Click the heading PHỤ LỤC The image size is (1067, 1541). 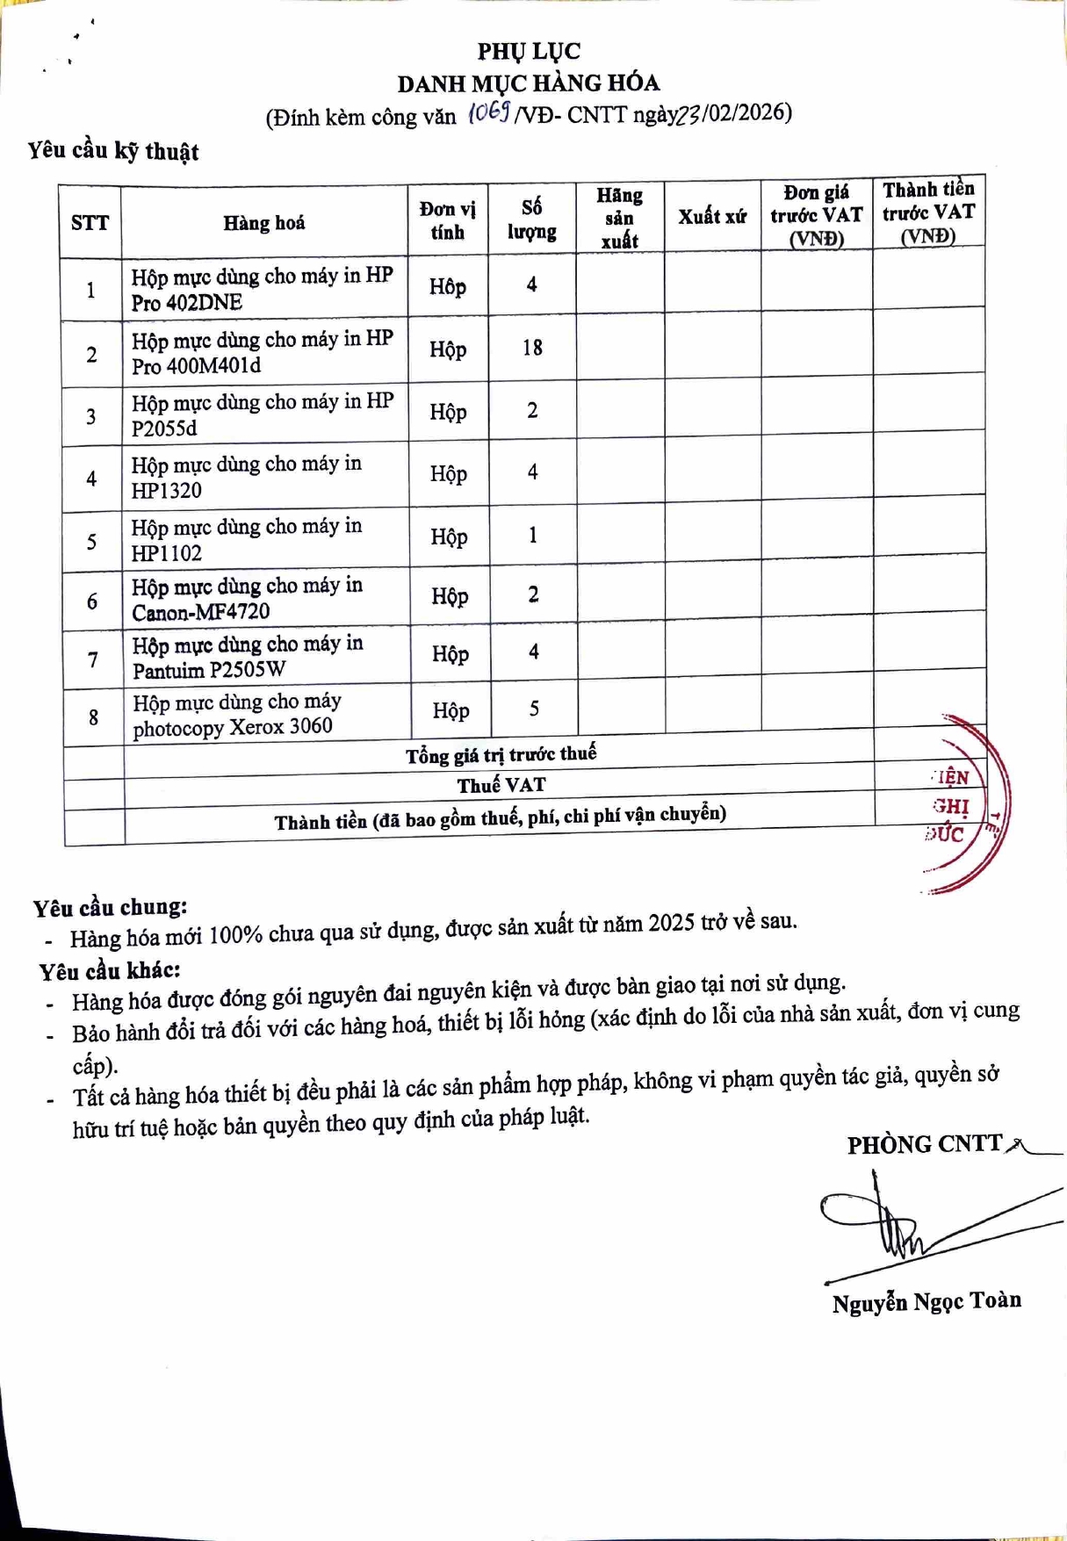(529, 51)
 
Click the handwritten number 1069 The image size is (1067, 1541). (489, 112)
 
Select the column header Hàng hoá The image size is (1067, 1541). (263, 223)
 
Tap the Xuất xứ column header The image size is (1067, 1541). (711, 216)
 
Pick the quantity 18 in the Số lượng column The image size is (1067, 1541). (532, 348)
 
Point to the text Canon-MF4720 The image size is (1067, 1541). (201, 612)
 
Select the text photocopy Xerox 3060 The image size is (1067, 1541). (233, 728)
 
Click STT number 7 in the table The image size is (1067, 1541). (93, 659)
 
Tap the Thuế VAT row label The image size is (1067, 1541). (501, 785)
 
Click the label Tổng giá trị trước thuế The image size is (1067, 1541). (501, 755)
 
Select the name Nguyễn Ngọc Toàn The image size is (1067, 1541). (926, 1301)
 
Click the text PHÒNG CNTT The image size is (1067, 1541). (924, 1144)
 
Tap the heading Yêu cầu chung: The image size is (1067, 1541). (111, 907)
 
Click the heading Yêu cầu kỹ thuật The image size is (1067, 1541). (113, 151)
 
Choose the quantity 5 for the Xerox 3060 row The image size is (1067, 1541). (534, 709)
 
